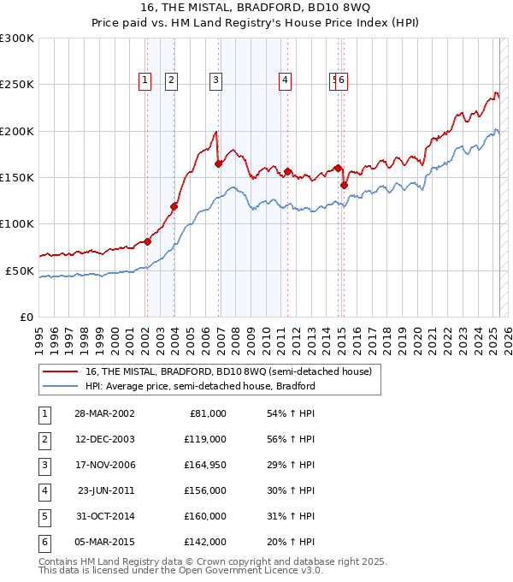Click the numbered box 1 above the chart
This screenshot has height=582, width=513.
pyautogui.click(x=145, y=81)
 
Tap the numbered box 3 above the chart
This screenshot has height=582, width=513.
pyautogui.click(x=215, y=81)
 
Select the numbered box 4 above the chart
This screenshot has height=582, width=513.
pyautogui.click(x=284, y=81)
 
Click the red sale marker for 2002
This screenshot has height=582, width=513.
pyautogui.click(x=147, y=241)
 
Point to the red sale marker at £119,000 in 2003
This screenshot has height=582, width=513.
pyautogui.click(x=174, y=206)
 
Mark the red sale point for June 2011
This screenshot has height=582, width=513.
pyautogui.click(x=288, y=171)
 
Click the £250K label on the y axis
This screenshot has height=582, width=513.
pyautogui.click(x=17, y=85)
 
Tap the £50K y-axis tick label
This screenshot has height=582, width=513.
pyautogui.click(x=21, y=270)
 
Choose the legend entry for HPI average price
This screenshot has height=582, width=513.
pyautogui.click(x=200, y=386)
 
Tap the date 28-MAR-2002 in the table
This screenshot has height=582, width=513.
pyautogui.click(x=104, y=413)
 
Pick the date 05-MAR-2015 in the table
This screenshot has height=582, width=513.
pyautogui.click(x=104, y=542)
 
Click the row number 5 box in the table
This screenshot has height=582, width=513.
pyautogui.click(x=43, y=516)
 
